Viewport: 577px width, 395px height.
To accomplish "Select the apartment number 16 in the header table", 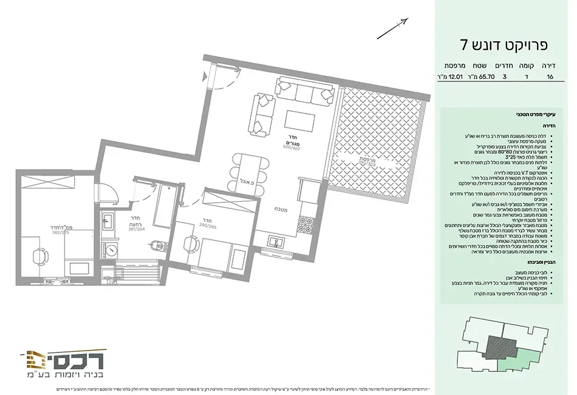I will click(x=550, y=77).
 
